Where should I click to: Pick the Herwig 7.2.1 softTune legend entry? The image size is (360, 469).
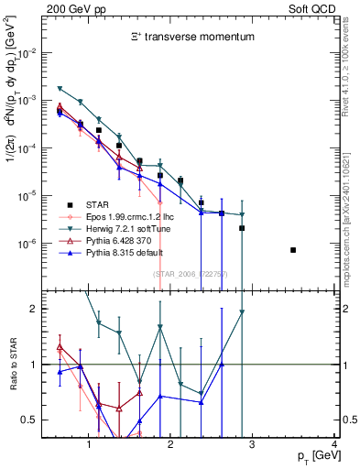(x=126, y=228)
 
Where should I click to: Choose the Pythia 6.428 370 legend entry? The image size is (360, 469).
(x=117, y=240)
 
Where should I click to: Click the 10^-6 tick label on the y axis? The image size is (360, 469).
(x=31, y=244)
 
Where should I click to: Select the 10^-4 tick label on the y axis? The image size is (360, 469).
(x=31, y=148)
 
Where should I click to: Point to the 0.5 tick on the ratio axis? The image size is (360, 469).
(x=33, y=420)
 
